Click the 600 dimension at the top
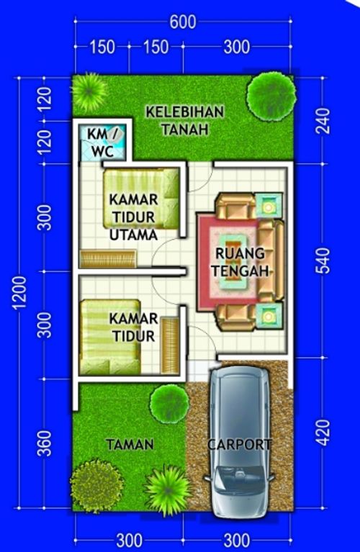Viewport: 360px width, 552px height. point(183,22)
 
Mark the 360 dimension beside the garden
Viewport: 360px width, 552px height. point(45,444)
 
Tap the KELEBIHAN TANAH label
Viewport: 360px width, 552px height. point(185,121)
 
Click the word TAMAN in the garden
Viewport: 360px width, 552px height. point(130,445)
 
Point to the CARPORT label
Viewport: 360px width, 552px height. point(240,445)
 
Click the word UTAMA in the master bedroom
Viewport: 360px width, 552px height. point(134,234)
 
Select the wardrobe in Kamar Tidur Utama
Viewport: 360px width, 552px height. point(108,258)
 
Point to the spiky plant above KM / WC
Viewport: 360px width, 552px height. point(89,89)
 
